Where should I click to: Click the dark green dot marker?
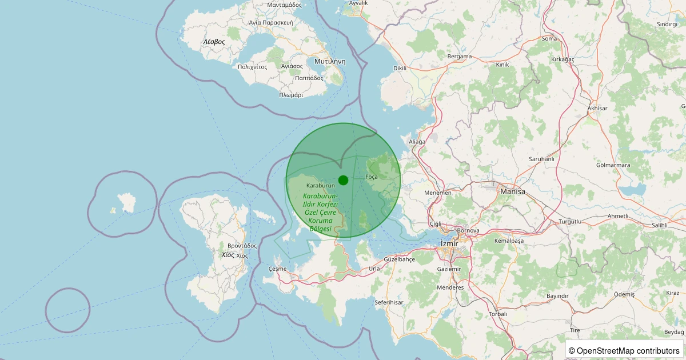click(x=343, y=180)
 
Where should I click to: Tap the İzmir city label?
click(x=449, y=243)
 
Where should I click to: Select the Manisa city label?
click(x=512, y=191)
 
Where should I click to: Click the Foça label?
click(x=372, y=177)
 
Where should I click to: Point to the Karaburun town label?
click(x=320, y=186)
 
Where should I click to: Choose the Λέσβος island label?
click(x=214, y=42)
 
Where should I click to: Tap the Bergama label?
click(x=460, y=57)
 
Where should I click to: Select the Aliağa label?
click(x=417, y=141)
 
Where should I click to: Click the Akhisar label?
click(x=597, y=108)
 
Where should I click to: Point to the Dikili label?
click(x=400, y=68)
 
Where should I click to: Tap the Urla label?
click(x=374, y=268)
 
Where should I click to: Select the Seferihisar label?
click(x=390, y=302)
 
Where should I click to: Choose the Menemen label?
click(x=437, y=193)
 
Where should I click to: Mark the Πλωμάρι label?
click(x=291, y=95)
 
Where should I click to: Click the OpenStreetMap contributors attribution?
click(x=624, y=350)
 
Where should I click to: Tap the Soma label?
click(x=549, y=39)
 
